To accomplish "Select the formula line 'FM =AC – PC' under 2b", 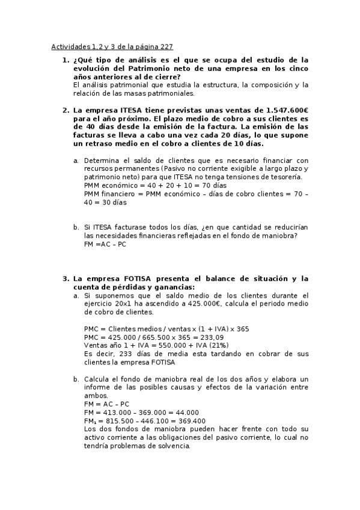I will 105,244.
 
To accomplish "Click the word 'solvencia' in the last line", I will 174,446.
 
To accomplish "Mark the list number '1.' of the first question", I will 66,60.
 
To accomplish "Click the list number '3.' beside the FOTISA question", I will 66,279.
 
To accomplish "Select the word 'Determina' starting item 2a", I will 102,161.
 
